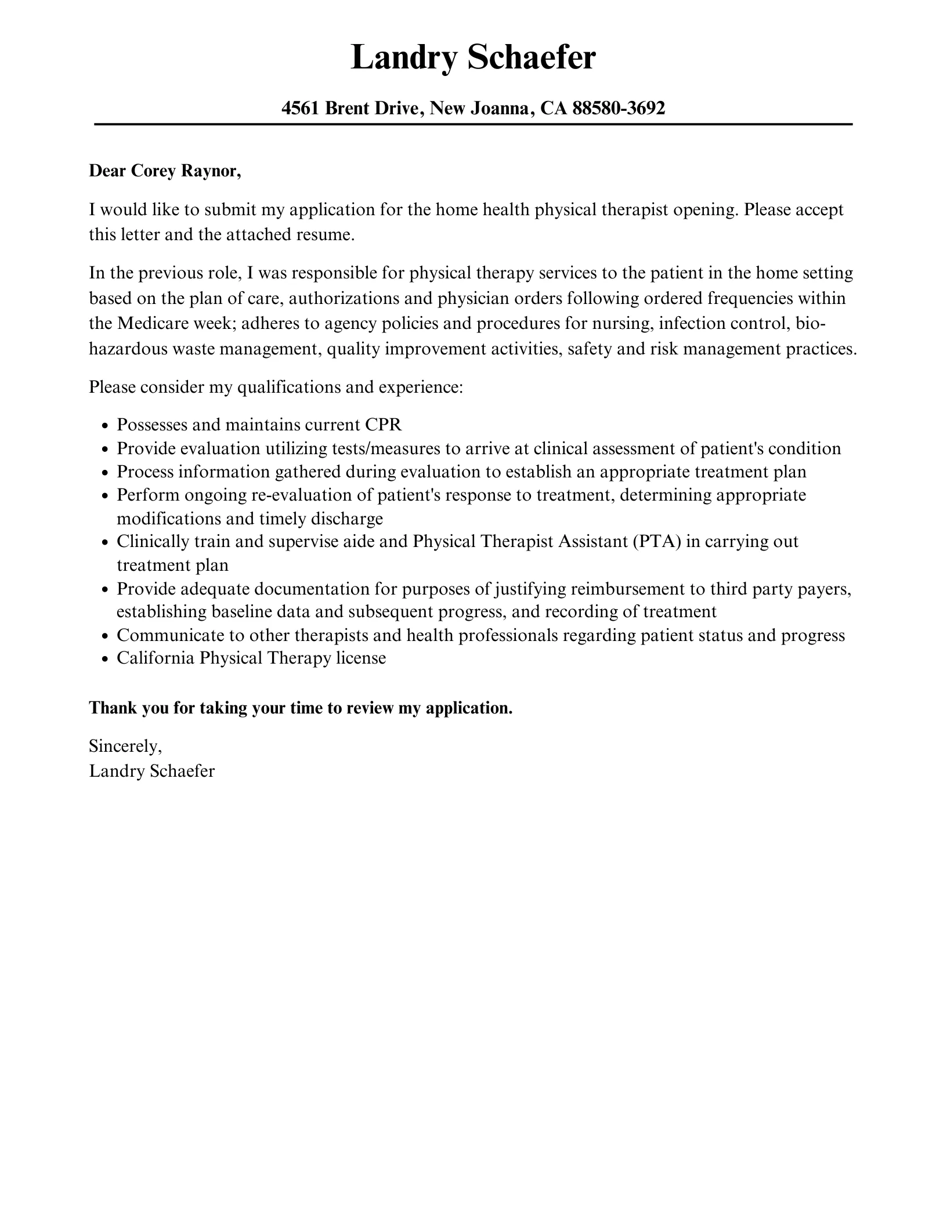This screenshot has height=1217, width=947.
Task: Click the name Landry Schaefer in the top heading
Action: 473,58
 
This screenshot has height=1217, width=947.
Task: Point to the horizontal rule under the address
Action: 473,124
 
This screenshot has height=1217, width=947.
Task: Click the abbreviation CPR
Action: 383,425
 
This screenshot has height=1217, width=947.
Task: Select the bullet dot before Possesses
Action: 104,426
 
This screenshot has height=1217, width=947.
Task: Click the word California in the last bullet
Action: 156,658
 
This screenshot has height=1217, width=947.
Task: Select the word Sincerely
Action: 125,746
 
